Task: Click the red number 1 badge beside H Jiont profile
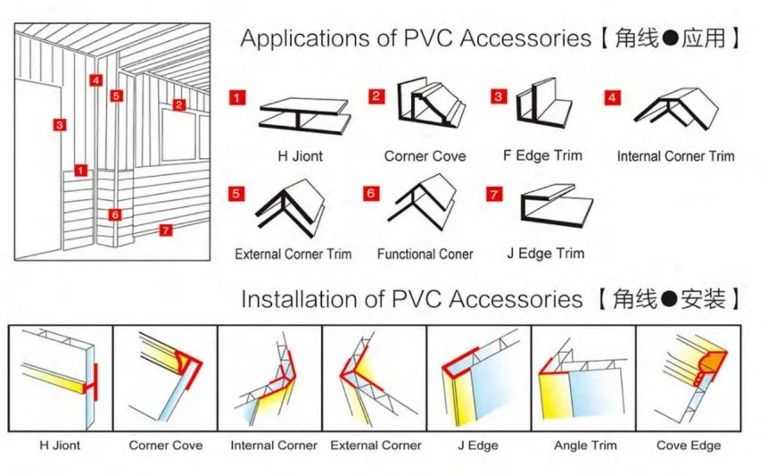pyautogui.click(x=236, y=97)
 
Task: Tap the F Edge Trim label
pyautogui.click(x=542, y=155)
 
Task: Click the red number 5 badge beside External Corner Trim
pyautogui.click(x=236, y=193)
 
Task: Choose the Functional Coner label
pyautogui.click(x=425, y=254)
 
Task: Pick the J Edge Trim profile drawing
pyautogui.click(x=554, y=208)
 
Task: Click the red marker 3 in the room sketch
pyautogui.click(x=59, y=124)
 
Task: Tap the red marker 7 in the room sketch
pyautogui.click(x=165, y=230)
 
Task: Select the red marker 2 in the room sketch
pyautogui.click(x=178, y=104)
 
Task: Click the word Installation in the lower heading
pyautogui.click(x=299, y=298)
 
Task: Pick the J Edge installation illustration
pyautogui.click(x=479, y=379)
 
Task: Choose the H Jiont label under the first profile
pyautogui.click(x=300, y=155)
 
